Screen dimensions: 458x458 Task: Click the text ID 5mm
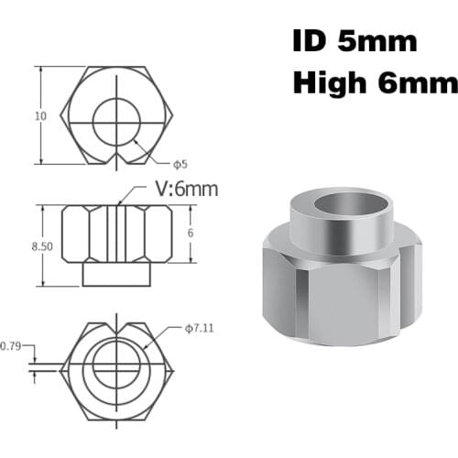pos(354,41)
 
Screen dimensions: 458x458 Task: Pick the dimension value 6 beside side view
pos(191,234)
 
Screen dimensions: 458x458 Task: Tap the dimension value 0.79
pos(10,345)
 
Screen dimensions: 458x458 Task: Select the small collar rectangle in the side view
pos(116,274)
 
